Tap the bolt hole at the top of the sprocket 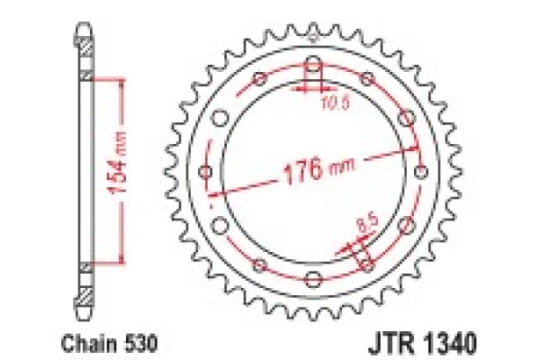[x=312, y=70]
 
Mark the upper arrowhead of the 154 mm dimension [x=116, y=82]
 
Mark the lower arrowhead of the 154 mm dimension [x=116, y=260]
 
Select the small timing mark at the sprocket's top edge [x=312, y=38]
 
